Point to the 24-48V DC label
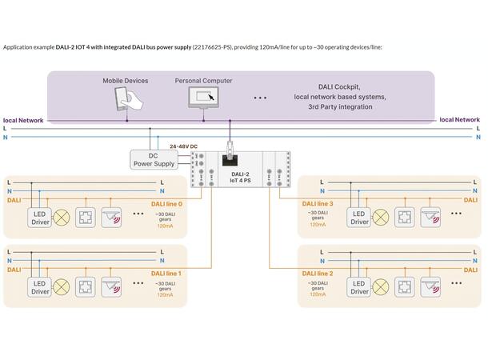[x=184, y=146]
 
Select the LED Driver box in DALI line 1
[x=40, y=287]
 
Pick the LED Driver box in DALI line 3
[x=360, y=217]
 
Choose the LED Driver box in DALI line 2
[x=360, y=287]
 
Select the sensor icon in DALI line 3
[x=430, y=217]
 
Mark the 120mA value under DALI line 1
[x=164, y=295]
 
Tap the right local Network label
[x=460, y=120]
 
